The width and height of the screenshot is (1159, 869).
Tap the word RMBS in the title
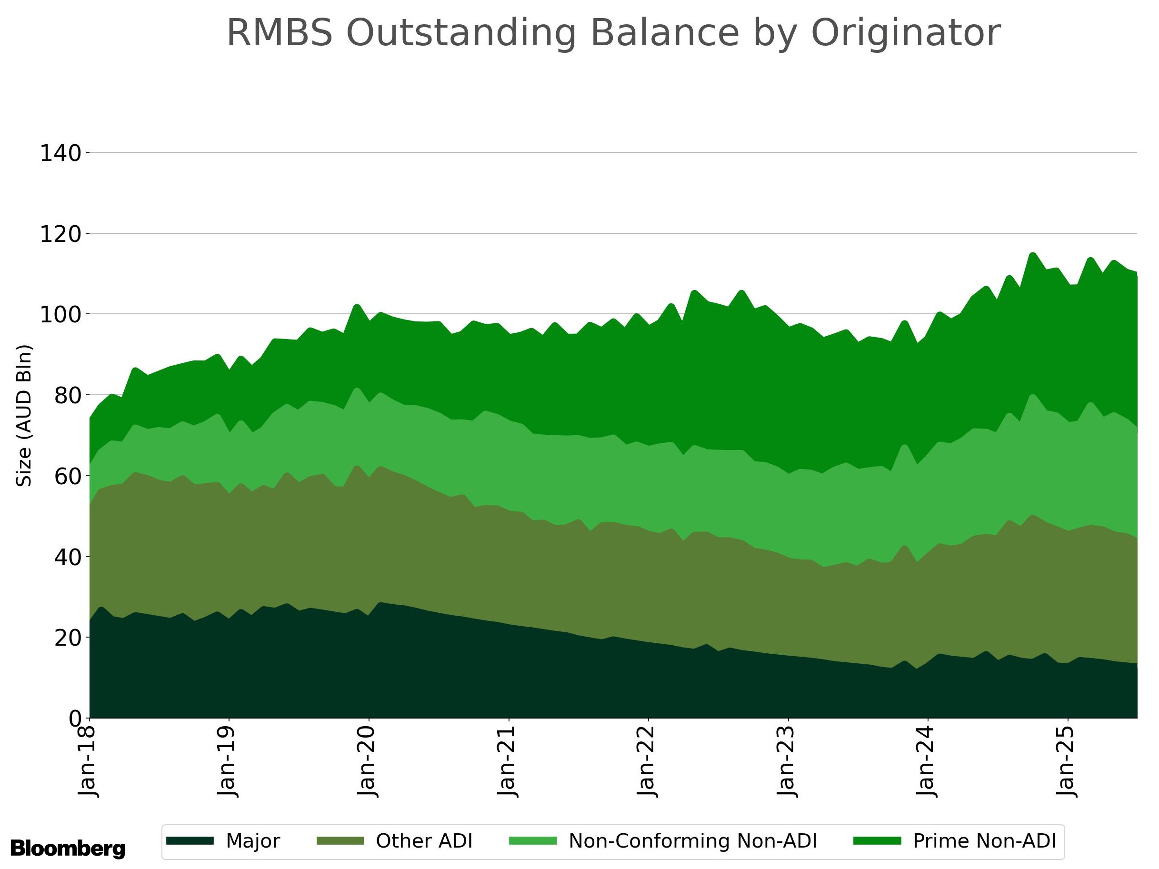point(279,33)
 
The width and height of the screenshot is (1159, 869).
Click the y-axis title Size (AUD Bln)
point(24,415)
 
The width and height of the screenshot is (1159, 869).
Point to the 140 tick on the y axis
point(60,153)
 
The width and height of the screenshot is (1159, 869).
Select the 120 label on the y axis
point(60,234)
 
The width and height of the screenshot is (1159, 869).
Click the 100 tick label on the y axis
point(60,315)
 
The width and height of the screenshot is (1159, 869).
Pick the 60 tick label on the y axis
point(68,477)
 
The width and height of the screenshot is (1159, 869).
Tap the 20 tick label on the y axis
point(68,638)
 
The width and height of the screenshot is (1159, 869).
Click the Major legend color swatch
point(190,841)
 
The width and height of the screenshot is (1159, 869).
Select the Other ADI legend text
point(424,841)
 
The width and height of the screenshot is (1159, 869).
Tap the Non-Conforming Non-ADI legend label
point(693,841)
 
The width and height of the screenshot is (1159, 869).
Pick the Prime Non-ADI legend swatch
point(877,841)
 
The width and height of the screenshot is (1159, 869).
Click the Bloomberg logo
point(68,848)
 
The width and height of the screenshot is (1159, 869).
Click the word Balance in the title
point(664,33)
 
